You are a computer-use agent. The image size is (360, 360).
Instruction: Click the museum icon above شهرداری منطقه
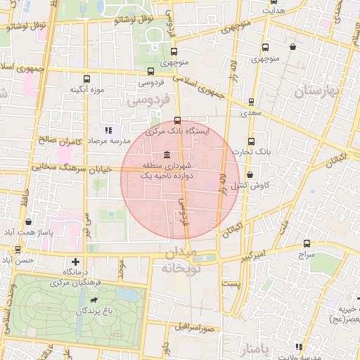click(166, 155)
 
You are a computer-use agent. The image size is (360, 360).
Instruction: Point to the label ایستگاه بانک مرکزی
click(178, 131)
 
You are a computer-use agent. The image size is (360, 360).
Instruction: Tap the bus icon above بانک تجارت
click(251, 141)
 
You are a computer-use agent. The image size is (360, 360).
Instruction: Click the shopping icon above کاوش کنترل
click(250, 175)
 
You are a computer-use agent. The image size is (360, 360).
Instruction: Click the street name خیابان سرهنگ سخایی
click(67, 168)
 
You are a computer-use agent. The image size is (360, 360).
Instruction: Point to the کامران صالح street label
click(61, 141)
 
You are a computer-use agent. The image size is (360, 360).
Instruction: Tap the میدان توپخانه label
click(183, 261)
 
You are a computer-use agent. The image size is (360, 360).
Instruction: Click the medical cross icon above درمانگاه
click(75, 262)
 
